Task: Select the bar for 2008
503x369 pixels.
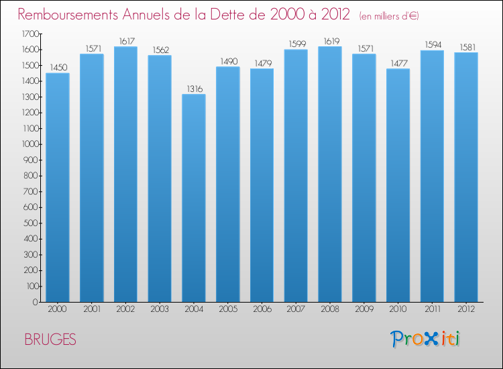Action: point(330,174)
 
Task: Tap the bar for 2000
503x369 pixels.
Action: point(58,187)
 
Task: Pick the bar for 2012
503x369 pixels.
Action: point(466,177)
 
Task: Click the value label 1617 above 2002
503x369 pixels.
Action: point(126,41)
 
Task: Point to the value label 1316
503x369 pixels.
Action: point(194,89)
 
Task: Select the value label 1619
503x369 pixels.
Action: point(330,41)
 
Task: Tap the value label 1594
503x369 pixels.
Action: point(432,45)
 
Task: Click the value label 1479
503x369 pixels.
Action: point(262,63)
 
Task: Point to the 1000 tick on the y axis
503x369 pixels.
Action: point(30,144)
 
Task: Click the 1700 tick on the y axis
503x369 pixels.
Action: point(30,34)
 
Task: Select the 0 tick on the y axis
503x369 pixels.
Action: point(38,302)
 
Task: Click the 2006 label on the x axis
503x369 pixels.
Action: point(262,309)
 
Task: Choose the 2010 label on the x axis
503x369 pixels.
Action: point(398,309)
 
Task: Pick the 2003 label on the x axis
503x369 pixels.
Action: point(160,309)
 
